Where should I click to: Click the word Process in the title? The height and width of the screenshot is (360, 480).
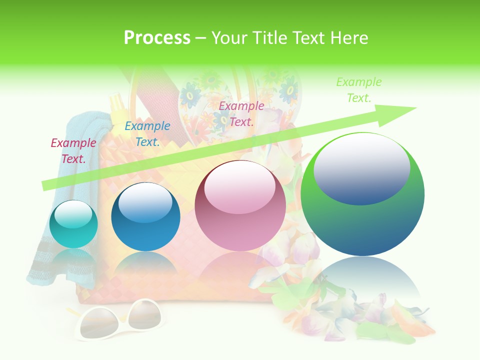(157, 38)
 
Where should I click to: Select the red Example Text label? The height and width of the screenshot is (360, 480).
(73, 151)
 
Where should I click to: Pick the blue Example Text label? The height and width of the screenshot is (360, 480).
(147, 134)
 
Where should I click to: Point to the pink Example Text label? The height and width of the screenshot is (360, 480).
(241, 113)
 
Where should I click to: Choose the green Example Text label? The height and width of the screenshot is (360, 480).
(359, 90)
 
